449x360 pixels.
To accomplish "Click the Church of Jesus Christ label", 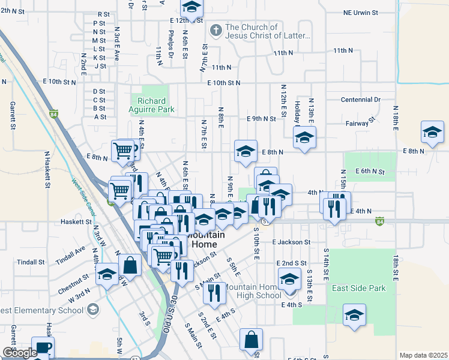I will click(268, 31).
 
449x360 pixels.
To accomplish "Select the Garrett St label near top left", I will click(12, 115).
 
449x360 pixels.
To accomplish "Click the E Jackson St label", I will click(291, 242).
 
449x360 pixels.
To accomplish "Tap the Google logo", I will click(19, 353).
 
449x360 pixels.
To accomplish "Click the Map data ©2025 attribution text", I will click(423, 355).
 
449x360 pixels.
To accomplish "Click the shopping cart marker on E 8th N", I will click(122, 151).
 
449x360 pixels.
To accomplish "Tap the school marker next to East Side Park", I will click(354, 315).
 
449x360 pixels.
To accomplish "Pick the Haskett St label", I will click(75, 221).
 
